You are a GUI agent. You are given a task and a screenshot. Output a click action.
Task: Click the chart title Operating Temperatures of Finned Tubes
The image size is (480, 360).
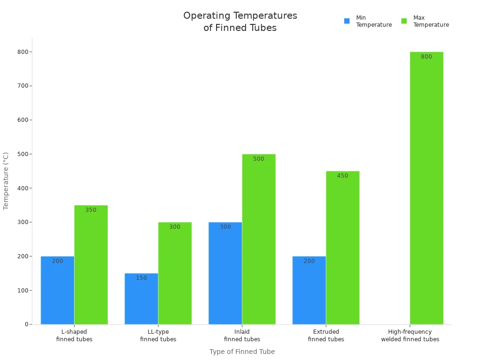tap(240, 22)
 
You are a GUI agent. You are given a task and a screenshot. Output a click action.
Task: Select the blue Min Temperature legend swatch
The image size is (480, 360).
tap(347, 21)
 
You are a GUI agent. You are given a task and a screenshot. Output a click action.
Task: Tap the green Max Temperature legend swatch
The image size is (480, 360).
tap(404, 21)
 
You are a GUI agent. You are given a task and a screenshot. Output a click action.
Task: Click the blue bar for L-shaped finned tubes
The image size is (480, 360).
tap(57, 291)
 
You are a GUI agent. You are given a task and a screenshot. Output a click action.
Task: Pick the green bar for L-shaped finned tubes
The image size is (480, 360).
tap(91, 265)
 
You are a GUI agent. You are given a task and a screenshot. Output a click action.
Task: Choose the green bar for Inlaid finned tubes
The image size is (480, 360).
tap(259, 239)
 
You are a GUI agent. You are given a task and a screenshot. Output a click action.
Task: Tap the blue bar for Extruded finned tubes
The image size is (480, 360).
tap(309, 291)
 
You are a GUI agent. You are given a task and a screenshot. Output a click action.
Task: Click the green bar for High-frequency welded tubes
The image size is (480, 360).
tap(427, 188)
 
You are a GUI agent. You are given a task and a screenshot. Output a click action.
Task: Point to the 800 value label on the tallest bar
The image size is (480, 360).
tap(427, 57)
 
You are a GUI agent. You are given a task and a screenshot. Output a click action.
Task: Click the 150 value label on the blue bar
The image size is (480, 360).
tap(141, 278)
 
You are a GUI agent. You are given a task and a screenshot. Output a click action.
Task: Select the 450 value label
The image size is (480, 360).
tap(343, 176)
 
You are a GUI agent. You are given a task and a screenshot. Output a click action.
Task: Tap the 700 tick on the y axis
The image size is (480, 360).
tap(22, 86)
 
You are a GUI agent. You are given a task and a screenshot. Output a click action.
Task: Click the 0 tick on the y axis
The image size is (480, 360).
tap(26, 324)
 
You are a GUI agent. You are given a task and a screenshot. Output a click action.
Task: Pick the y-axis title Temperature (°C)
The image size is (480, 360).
tap(6, 180)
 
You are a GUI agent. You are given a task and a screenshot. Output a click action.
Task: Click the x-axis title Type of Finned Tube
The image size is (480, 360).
tap(242, 352)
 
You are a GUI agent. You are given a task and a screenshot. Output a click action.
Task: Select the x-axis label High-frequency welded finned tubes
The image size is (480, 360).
tap(410, 336)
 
